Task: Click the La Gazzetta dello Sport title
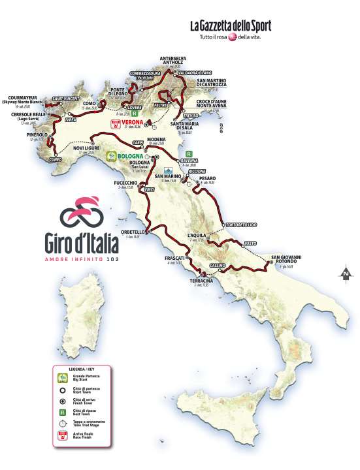(x=230, y=26)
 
